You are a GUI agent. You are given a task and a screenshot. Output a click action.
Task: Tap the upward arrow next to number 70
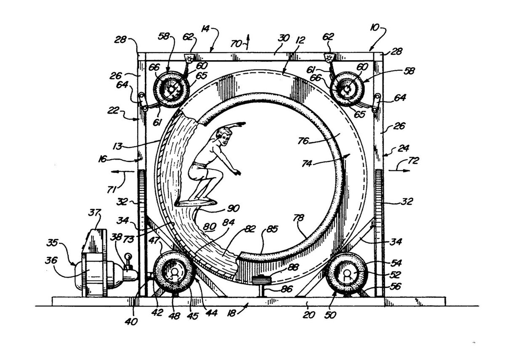tap(248, 41)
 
